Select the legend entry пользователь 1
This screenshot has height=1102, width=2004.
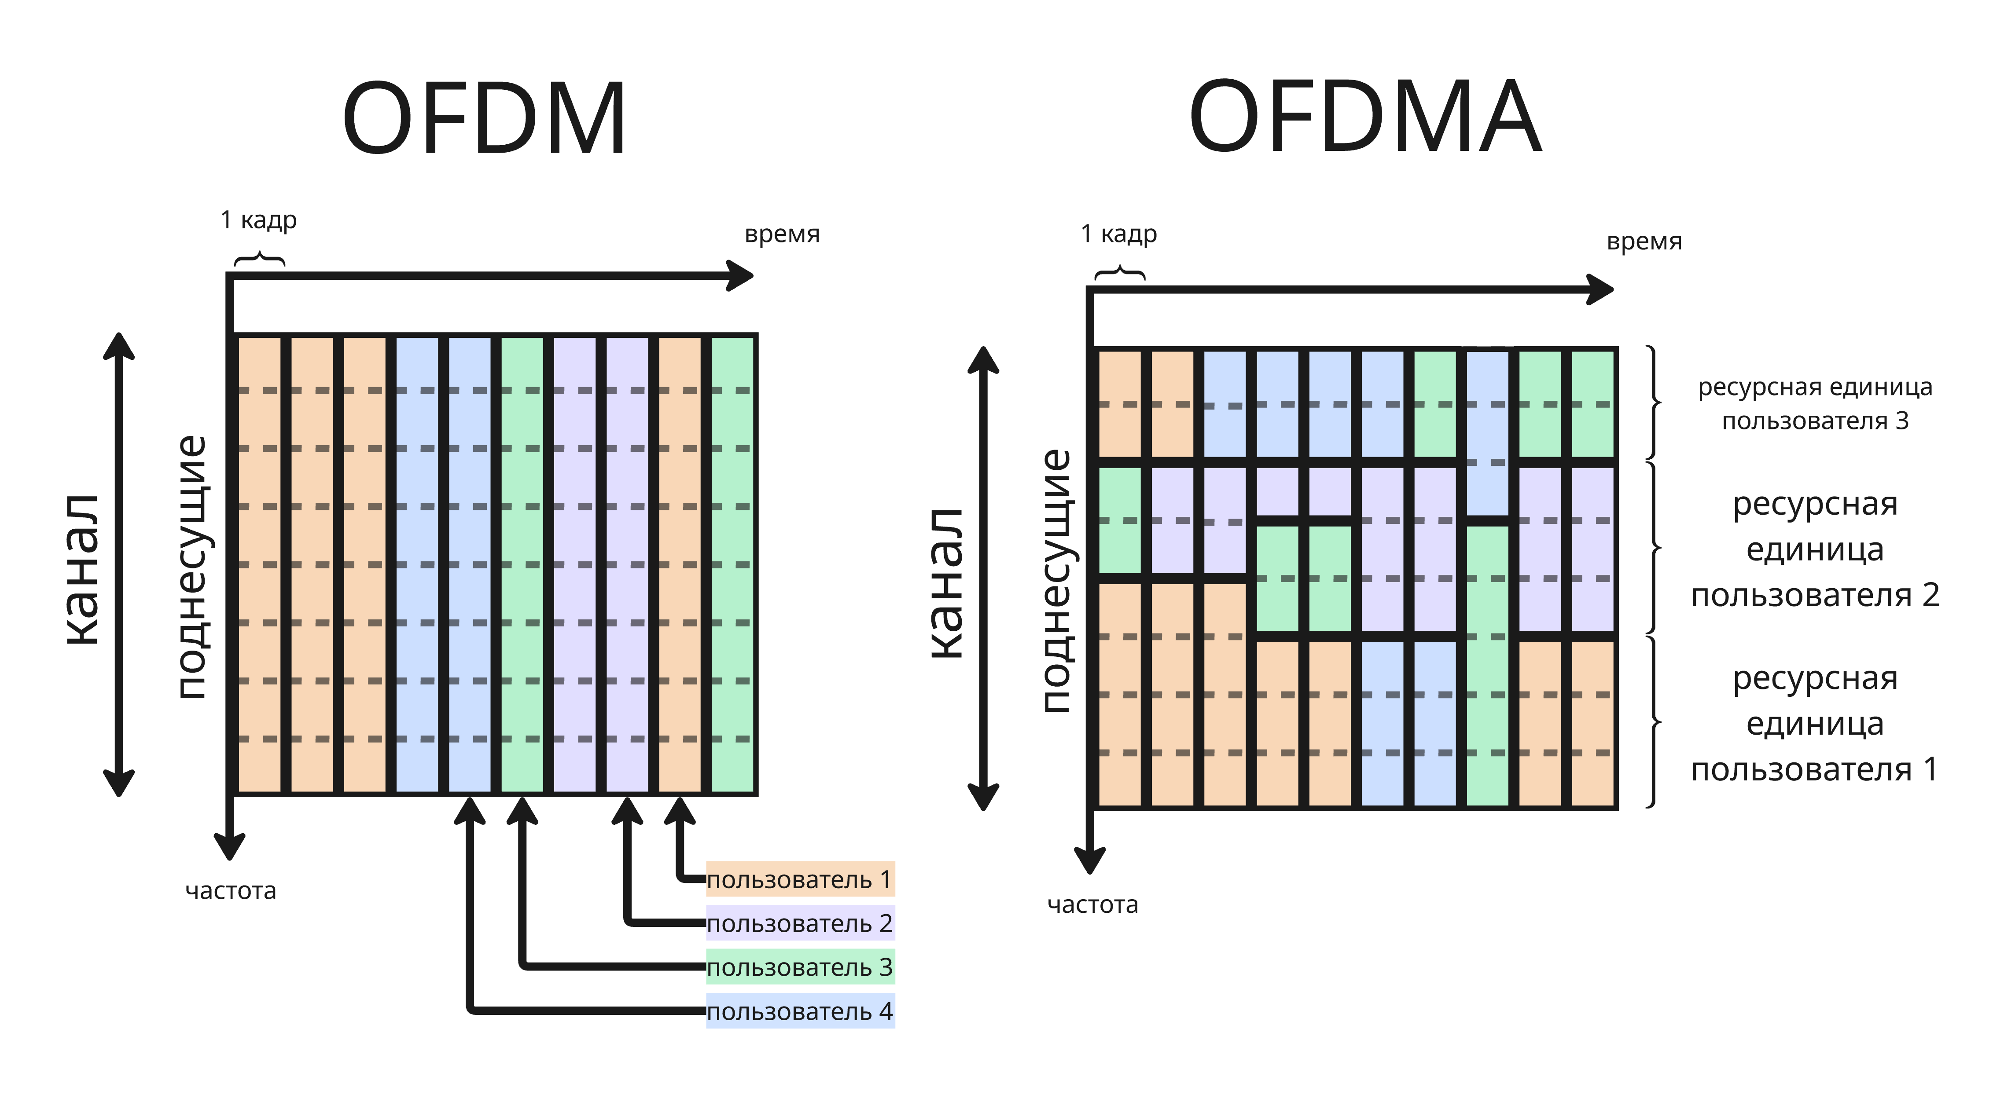point(800,879)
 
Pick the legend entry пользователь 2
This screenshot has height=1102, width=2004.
point(800,923)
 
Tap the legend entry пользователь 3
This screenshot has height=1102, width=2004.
point(800,967)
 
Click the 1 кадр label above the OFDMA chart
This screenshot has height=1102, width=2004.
point(1119,234)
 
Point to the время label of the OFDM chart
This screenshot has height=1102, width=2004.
point(782,234)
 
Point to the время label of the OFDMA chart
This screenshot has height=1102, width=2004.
point(1644,242)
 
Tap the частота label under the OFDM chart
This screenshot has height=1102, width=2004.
point(230,890)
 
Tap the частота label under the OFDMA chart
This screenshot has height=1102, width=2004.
point(1092,904)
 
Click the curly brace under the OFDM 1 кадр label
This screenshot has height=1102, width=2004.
point(260,259)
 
